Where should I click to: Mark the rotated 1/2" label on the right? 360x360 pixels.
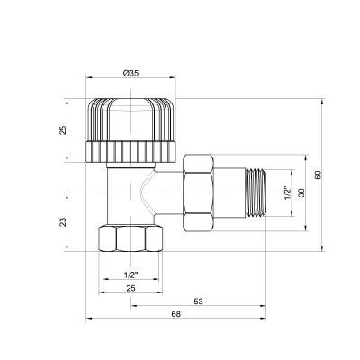point(286,193)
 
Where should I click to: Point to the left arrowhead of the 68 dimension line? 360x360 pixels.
point(89,320)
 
